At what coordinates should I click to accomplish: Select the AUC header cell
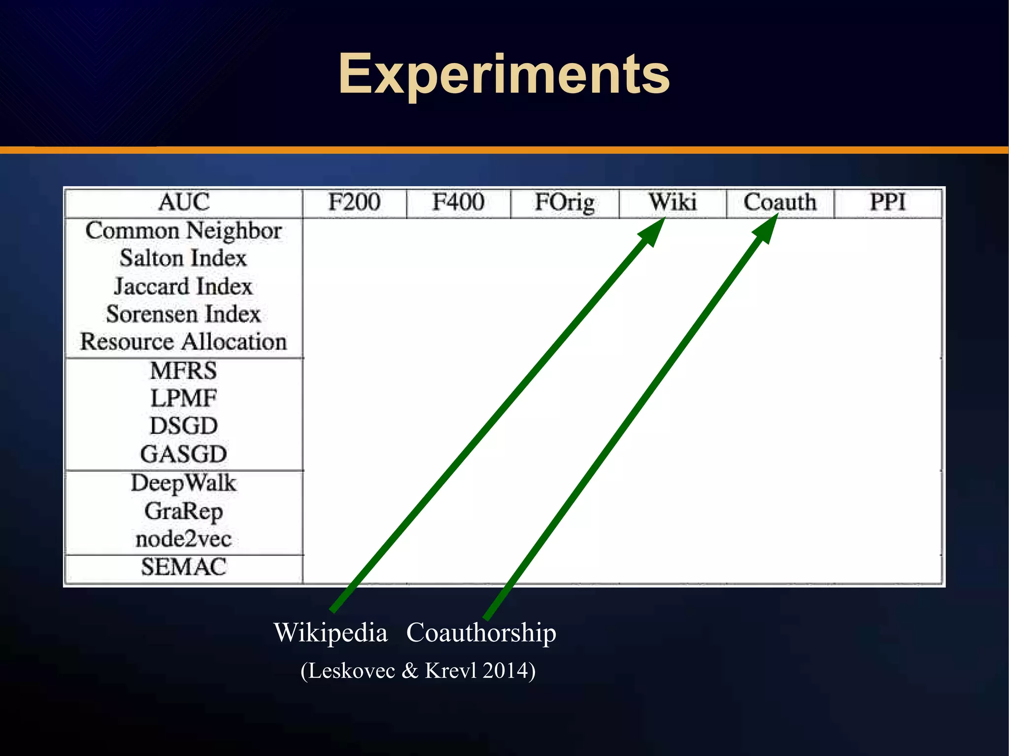coord(184,202)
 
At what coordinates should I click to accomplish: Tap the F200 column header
coord(354,202)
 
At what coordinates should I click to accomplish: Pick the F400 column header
coord(458,202)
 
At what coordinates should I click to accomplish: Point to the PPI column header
coord(888,202)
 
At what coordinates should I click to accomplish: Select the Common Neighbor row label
coord(183,231)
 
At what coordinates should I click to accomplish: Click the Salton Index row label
coord(183,259)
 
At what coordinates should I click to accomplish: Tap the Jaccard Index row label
coord(183,287)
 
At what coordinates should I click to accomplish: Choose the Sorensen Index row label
coord(183,314)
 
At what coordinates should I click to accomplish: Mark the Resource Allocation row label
coord(183,342)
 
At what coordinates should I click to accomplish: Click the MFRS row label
coord(183,370)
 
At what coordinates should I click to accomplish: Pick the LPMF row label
coord(183,398)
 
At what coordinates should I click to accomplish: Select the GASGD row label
coord(183,454)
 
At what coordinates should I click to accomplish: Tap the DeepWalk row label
coord(183,483)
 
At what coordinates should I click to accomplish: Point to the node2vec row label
coord(183,539)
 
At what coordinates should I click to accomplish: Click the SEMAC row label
coord(183,567)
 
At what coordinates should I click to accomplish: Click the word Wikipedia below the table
coord(331,633)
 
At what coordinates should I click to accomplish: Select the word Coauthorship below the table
coord(481,633)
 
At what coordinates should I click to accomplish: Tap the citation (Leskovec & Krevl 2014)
coord(418,671)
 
